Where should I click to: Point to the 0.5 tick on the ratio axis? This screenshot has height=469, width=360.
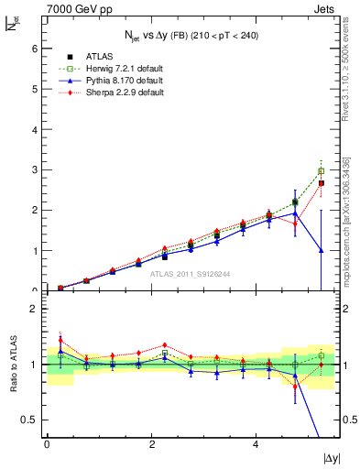point(28,420)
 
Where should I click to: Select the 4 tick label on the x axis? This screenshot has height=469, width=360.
point(256,443)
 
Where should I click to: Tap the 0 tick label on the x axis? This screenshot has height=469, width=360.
point(47,443)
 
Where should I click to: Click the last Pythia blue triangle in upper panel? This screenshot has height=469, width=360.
point(321,249)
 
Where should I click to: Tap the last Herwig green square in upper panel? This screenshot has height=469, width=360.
point(321,171)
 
